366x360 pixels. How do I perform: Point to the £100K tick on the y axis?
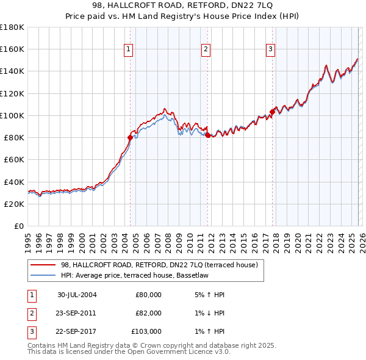click(12, 115)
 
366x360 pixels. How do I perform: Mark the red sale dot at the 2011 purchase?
click(207, 135)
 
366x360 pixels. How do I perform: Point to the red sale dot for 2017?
click(272, 112)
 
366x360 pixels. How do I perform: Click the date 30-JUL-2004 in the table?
click(77, 295)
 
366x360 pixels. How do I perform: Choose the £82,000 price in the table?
click(148, 313)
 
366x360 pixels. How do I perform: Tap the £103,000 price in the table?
click(146, 331)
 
